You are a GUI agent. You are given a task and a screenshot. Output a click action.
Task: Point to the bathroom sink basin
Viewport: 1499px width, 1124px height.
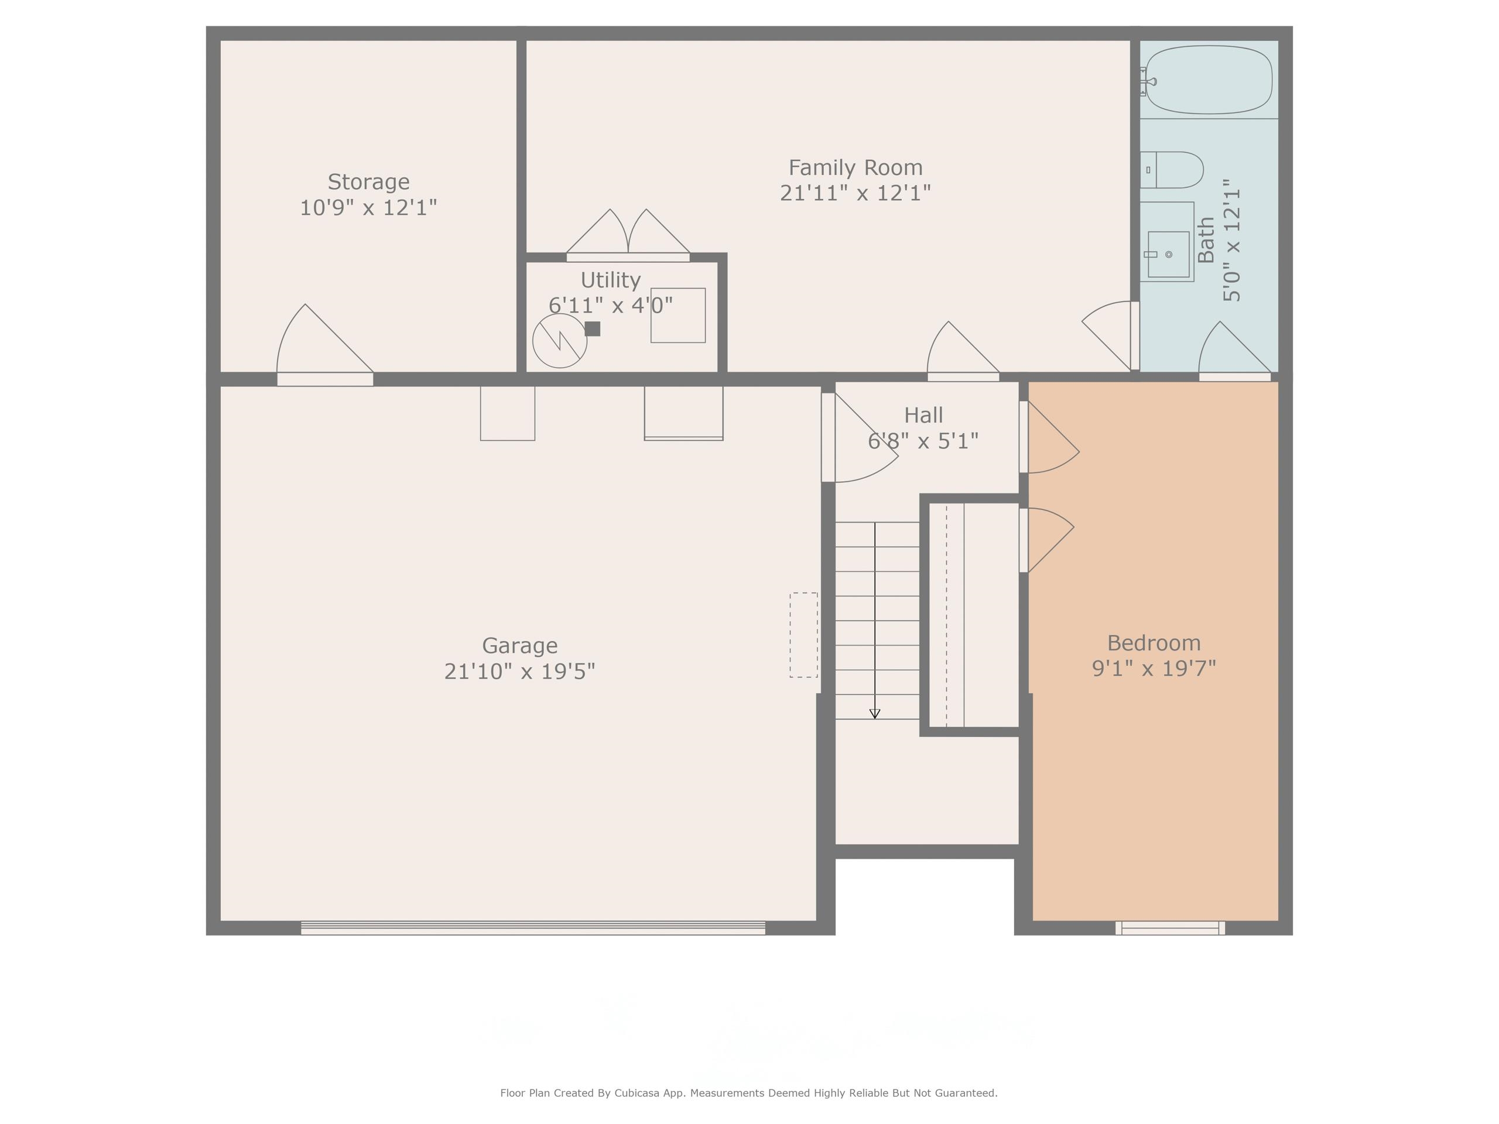pyautogui.click(x=1168, y=254)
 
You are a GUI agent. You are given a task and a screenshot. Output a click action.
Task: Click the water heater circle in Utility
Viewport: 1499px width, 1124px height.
pyautogui.click(x=559, y=341)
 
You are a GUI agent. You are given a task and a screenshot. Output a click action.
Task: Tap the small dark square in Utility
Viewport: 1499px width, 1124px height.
pyautogui.click(x=593, y=328)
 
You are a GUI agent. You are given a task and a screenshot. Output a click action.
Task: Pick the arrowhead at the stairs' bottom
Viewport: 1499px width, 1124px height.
pyautogui.click(x=874, y=714)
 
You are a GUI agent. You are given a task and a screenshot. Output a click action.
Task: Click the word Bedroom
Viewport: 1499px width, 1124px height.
pyautogui.click(x=1154, y=642)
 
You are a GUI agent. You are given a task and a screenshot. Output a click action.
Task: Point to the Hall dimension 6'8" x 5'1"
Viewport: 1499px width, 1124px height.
pyautogui.click(x=923, y=441)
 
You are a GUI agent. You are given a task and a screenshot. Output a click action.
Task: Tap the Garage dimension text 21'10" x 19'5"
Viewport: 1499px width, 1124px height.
pyautogui.click(x=519, y=671)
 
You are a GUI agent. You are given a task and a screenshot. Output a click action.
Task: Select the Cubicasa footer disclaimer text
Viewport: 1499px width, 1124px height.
pyautogui.click(x=748, y=1092)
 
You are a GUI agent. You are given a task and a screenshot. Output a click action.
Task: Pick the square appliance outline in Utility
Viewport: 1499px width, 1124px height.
pyautogui.click(x=677, y=315)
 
